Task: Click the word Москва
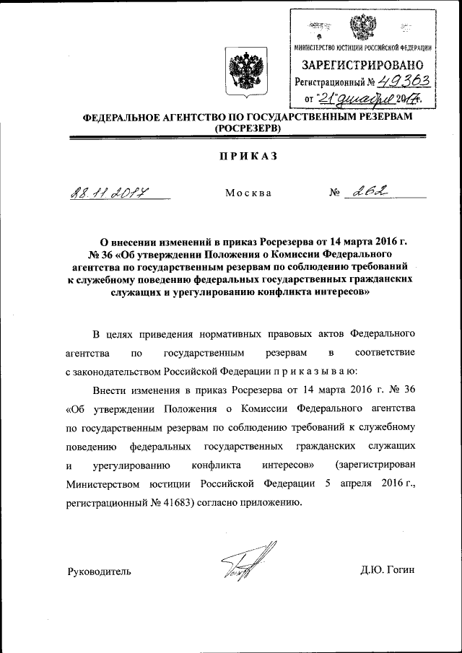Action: point(248,193)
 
